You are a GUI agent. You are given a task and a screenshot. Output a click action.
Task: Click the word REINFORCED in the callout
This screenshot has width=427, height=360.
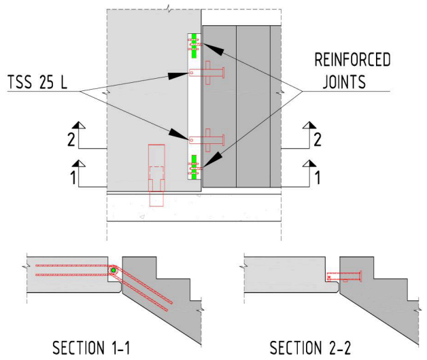click(x=352, y=60)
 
